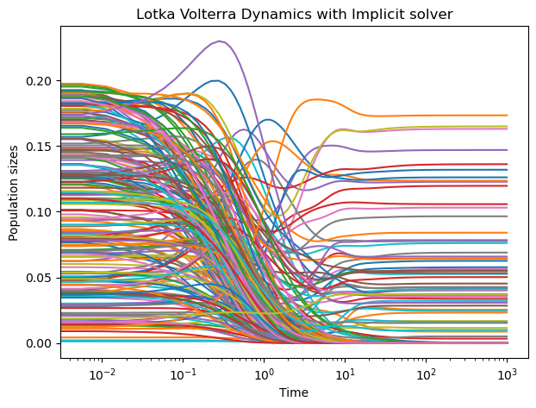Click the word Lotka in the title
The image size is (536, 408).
(x=153, y=14)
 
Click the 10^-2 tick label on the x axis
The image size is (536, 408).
(x=102, y=373)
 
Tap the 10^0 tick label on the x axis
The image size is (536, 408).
(x=264, y=373)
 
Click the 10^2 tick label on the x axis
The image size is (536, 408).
(x=426, y=373)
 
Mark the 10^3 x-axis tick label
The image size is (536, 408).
(x=507, y=373)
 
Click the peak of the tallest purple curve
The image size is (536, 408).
(x=221, y=41)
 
